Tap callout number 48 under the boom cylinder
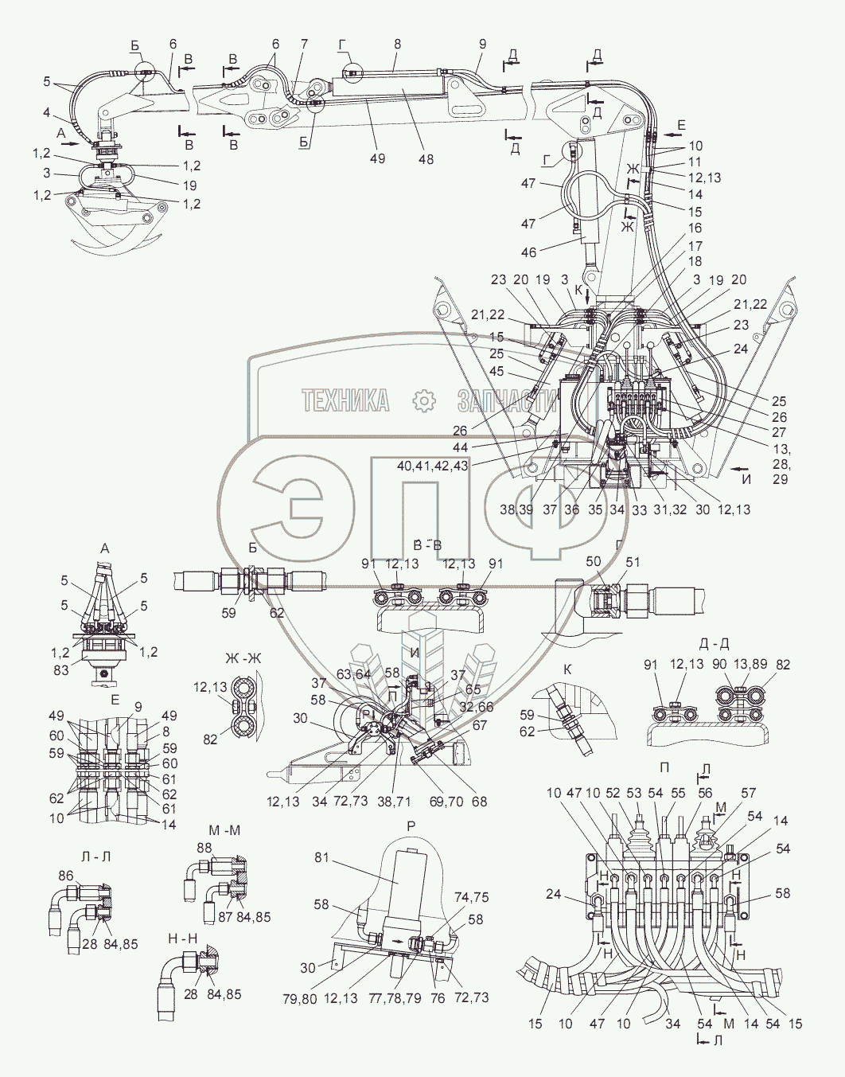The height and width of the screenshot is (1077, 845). [x=426, y=158]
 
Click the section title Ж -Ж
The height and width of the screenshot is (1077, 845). [x=243, y=658]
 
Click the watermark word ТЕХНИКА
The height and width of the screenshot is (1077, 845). [x=346, y=400]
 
